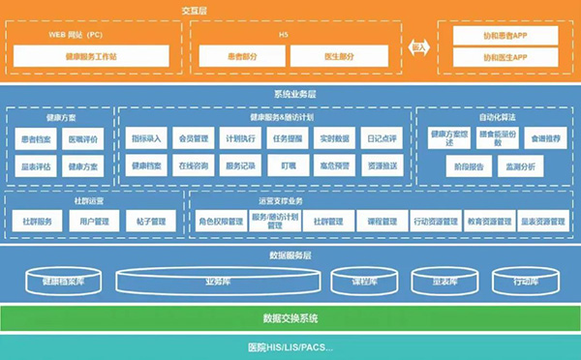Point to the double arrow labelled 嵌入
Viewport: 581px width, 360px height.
418,45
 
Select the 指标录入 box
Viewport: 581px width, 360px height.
147,138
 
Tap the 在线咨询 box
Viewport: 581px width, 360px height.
193,165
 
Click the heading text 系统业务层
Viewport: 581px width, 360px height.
290,95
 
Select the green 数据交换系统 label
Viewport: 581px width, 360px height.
290,318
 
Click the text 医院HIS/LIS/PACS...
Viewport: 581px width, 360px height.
290,347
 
